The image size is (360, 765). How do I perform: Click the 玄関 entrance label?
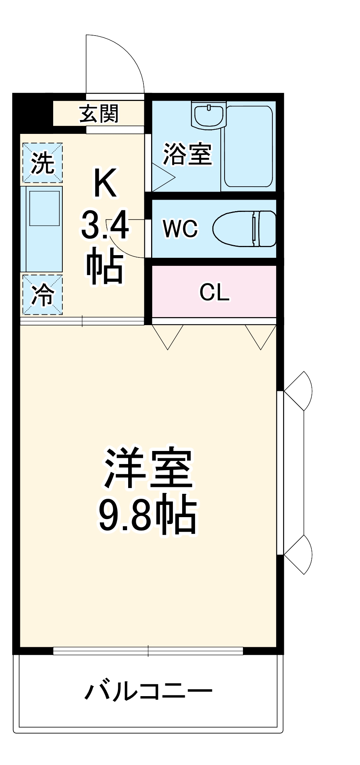[99, 114]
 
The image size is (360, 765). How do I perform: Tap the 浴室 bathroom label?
[187, 154]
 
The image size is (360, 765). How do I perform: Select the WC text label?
[180, 228]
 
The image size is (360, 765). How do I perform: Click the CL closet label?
[214, 293]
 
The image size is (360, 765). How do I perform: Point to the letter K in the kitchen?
[105, 184]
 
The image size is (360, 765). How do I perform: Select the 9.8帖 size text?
[148, 514]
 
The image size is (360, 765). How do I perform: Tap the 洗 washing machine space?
[42, 163]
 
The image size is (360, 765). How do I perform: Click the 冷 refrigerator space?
[42, 295]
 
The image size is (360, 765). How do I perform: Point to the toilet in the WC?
[245, 229]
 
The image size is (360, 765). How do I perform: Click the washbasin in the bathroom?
[209, 115]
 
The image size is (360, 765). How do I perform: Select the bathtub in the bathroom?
[248, 146]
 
